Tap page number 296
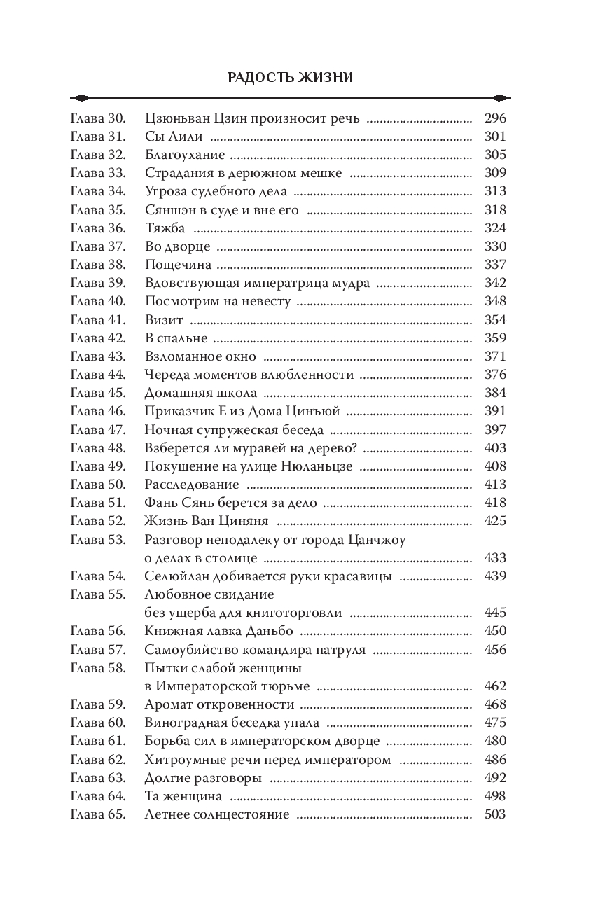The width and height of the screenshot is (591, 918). [494, 118]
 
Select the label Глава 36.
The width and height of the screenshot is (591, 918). [97, 228]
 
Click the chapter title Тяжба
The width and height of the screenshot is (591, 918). [165, 228]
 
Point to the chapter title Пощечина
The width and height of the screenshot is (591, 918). [178, 265]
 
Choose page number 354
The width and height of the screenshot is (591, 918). [494, 320]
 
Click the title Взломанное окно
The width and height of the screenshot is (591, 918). [193, 356]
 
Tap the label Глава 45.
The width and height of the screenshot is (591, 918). [97, 393]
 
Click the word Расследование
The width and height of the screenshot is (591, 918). [192, 485]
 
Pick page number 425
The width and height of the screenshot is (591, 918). [494, 521]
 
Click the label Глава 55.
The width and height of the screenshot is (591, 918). [97, 594]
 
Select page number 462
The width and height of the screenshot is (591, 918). [494, 686]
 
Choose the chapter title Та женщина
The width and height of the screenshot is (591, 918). [183, 796]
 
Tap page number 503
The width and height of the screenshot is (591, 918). [494, 814]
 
